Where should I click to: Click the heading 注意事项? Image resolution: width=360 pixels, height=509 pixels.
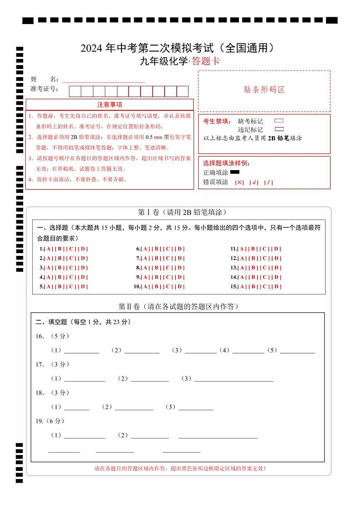(109, 104)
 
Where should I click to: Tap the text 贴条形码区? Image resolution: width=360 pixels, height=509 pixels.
(264, 90)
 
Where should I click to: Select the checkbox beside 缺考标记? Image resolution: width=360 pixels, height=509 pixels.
(279, 121)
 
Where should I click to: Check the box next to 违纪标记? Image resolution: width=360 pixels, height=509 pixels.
(279, 129)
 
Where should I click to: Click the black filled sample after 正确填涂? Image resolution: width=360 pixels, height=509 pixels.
(235, 172)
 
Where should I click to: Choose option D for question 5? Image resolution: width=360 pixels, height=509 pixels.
(84, 287)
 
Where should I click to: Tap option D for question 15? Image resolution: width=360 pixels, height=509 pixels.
(277, 287)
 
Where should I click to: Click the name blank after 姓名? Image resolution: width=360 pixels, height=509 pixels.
(103, 79)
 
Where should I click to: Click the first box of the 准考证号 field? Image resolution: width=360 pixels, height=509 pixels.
(75, 91)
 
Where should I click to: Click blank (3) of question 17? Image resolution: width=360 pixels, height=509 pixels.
(234, 379)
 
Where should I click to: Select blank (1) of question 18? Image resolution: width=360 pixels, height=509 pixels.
(77, 407)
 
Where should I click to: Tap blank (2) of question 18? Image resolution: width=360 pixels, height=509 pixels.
(134, 407)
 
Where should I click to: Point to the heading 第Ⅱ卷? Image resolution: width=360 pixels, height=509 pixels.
(129, 307)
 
